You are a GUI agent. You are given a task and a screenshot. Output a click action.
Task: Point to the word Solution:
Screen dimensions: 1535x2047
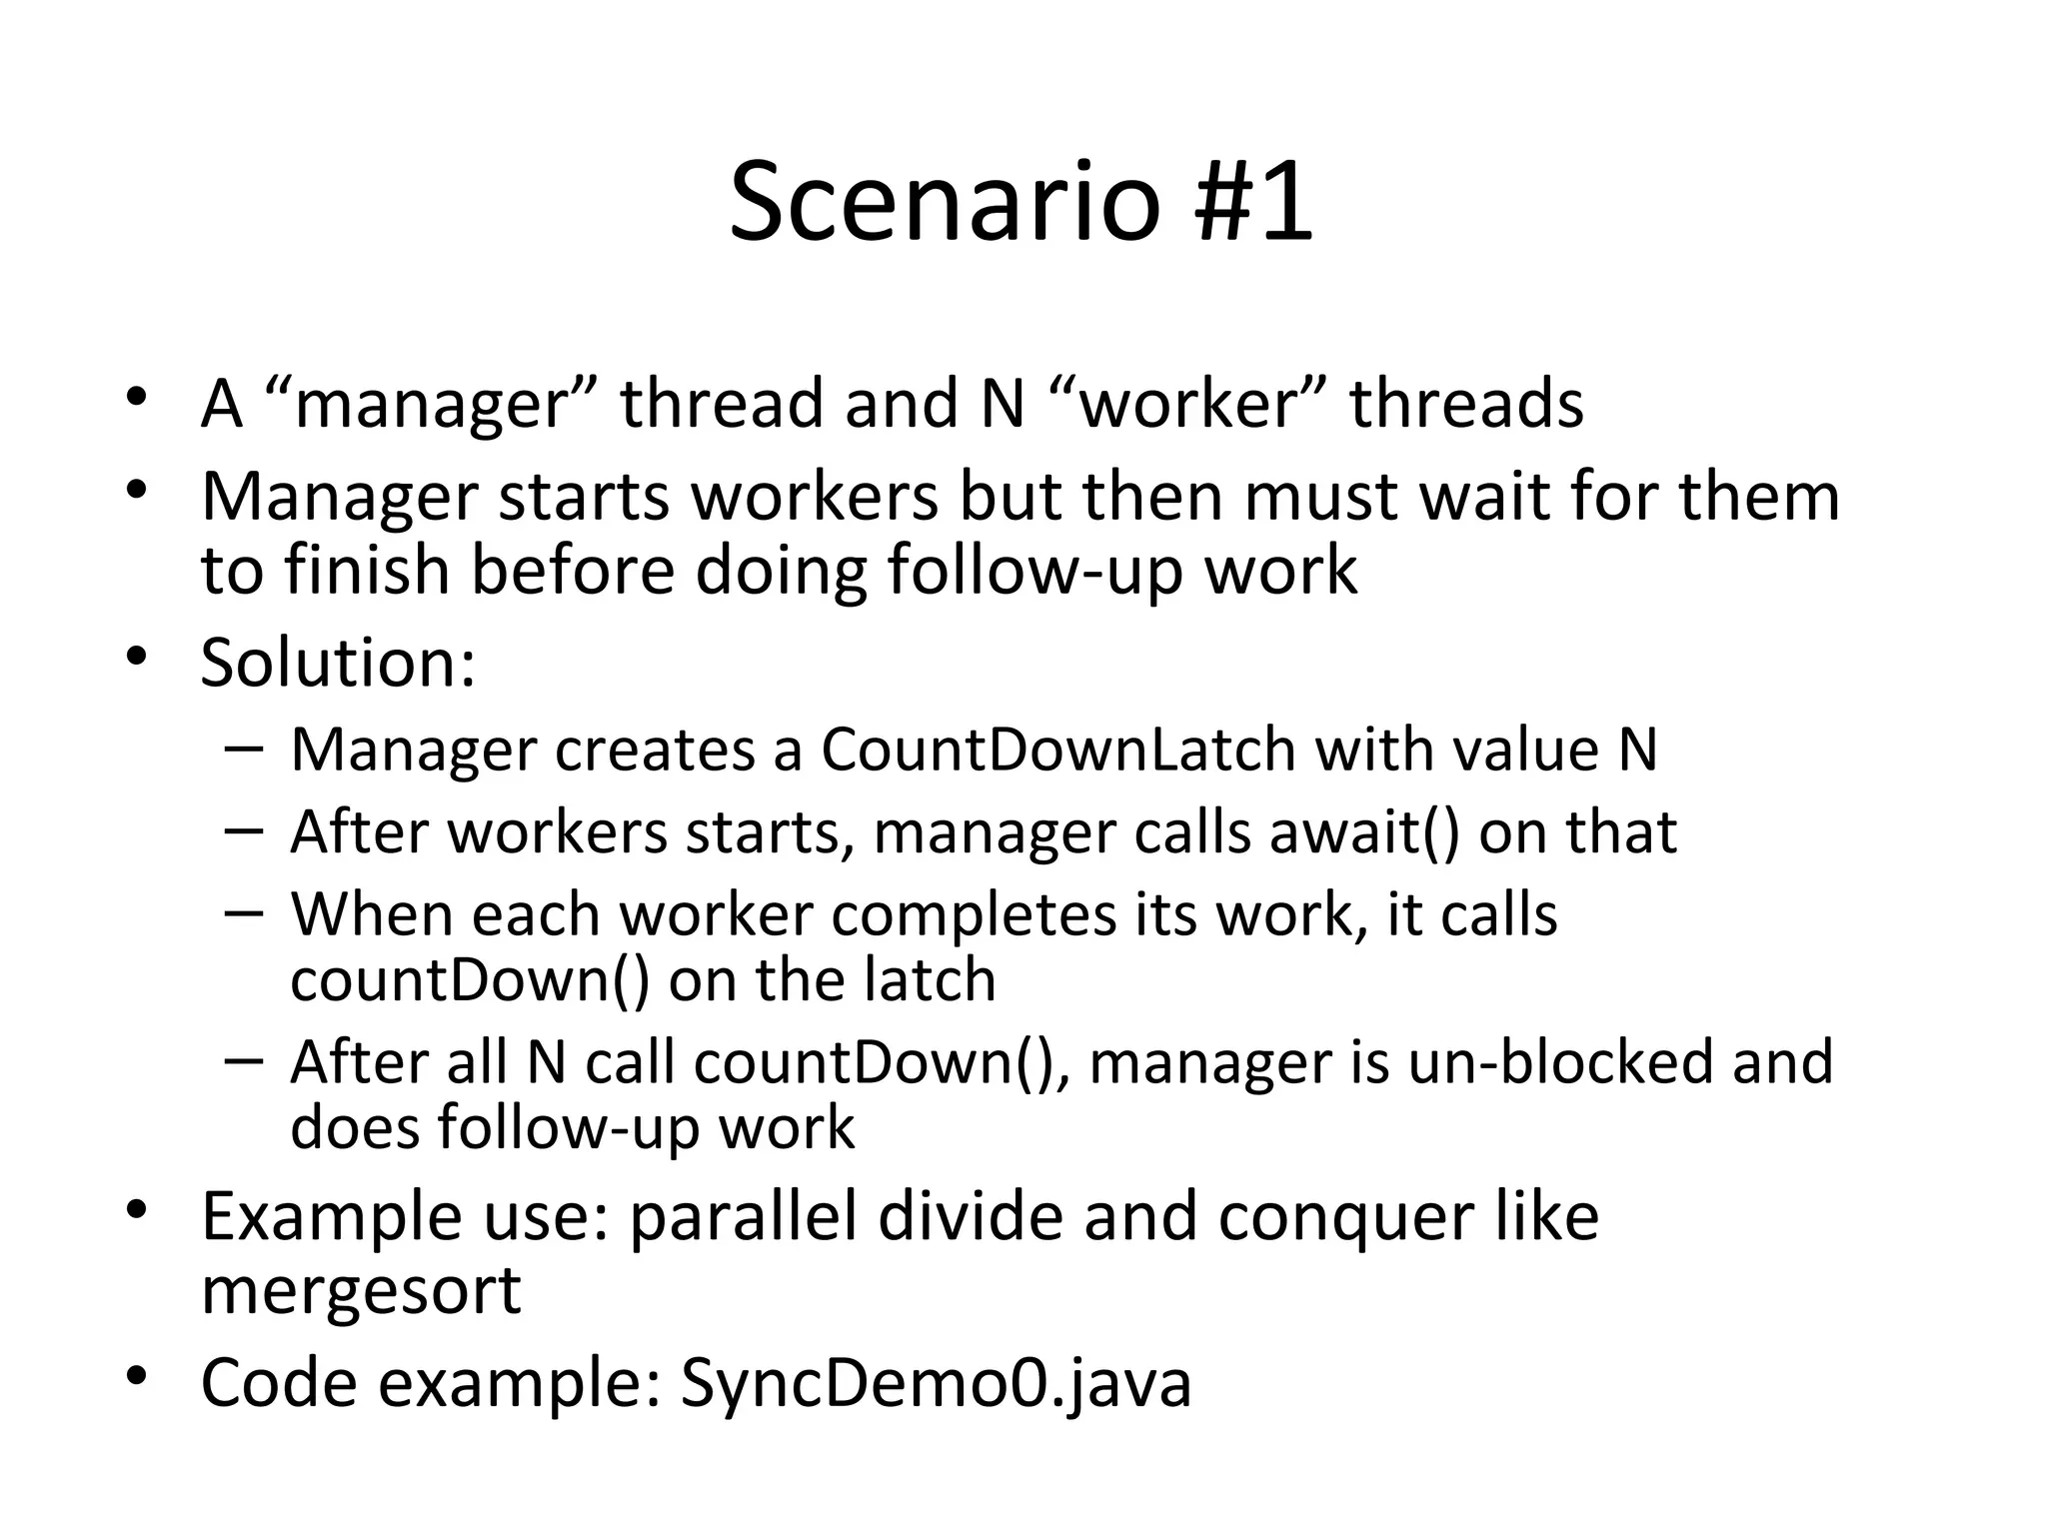[338, 663]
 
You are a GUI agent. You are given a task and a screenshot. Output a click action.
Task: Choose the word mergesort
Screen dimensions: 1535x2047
[361, 1290]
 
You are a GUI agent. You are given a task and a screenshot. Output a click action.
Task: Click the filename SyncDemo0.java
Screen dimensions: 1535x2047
[936, 1383]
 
